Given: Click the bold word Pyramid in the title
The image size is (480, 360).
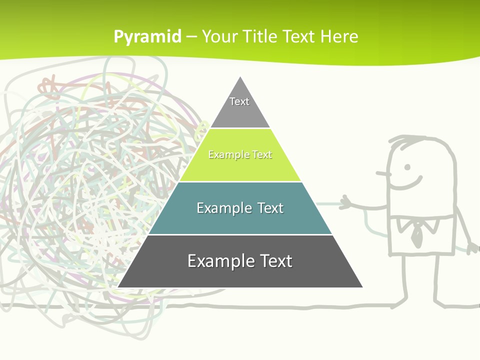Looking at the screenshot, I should pyautogui.click(x=147, y=36).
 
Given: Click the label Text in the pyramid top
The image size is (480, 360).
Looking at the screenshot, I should pyautogui.click(x=239, y=101).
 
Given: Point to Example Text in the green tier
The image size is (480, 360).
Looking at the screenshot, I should pyautogui.click(x=240, y=155).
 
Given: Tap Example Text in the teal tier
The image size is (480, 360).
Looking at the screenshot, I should pyautogui.click(x=240, y=208).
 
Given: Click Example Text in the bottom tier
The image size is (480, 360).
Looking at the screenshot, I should pyautogui.click(x=240, y=261).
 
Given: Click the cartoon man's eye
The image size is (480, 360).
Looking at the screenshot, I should pyautogui.click(x=407, y=167).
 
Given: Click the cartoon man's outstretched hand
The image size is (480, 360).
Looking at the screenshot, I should pyautogui.click(x=346, y=203).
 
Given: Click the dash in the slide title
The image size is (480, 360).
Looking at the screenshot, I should pyautogui.click(x=191, y=36).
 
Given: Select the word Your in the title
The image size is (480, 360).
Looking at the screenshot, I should pyautogui.click(x=219, y=36).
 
